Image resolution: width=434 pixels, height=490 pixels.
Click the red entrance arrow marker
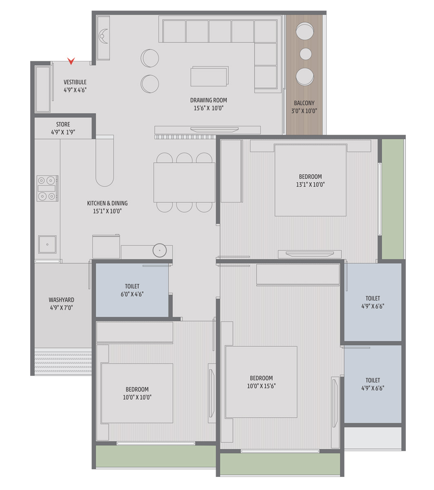[x=71, y=61]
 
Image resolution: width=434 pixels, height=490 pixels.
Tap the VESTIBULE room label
[x=75, y=82]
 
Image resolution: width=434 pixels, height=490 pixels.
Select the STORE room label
[x=63, y=124]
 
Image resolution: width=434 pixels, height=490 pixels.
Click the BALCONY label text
[x=304, y=103]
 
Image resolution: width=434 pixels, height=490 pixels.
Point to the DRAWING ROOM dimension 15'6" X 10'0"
[x=208, y=108]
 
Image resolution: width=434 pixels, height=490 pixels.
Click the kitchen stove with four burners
[x=47, y=188]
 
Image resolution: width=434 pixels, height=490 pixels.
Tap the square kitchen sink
[x=47, y=245]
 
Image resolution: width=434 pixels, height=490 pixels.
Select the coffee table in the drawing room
[x=209, y=76]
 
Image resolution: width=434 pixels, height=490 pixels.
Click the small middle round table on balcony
[x=306, y=54]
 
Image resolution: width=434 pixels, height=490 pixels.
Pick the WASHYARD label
[x=61, y=300]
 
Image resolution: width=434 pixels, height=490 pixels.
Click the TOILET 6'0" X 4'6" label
[x=132, y=290]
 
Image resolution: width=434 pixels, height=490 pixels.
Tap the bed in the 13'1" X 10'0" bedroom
[x=310, y=180]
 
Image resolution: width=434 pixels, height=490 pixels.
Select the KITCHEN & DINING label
[x=107, y=203]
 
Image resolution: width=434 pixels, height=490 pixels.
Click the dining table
[x=184, y=183]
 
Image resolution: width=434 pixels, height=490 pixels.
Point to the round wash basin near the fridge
[x=160, y=250]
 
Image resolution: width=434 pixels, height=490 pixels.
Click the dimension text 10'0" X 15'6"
[x=261, y=386]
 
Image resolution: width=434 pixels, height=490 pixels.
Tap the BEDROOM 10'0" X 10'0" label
[x=137, y=393]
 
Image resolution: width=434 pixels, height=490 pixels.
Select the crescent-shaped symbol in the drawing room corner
[x=103, y=36]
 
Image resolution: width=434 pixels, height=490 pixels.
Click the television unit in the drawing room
[x=207, y=130]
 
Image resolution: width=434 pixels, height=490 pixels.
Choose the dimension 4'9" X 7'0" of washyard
[x=61, y=308]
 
